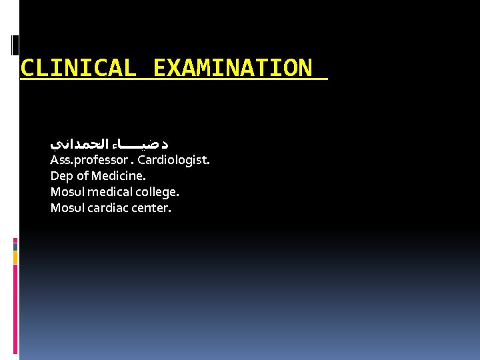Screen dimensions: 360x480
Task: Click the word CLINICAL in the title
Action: [79, 68]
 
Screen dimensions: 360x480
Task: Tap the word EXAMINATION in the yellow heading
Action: [231, 68]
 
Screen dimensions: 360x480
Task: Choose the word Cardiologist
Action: [173, 161]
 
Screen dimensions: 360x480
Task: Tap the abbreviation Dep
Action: [61, 176]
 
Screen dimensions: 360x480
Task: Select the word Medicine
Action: [117, 176]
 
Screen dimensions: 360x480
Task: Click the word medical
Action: [111, 192]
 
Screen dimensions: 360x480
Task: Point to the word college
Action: [158, 192]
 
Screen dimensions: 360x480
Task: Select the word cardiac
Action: [108, 208]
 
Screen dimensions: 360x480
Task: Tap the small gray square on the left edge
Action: [15, 247]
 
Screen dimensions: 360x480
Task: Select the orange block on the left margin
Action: [15, 257]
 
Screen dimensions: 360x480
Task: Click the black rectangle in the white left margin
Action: [15, 45]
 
